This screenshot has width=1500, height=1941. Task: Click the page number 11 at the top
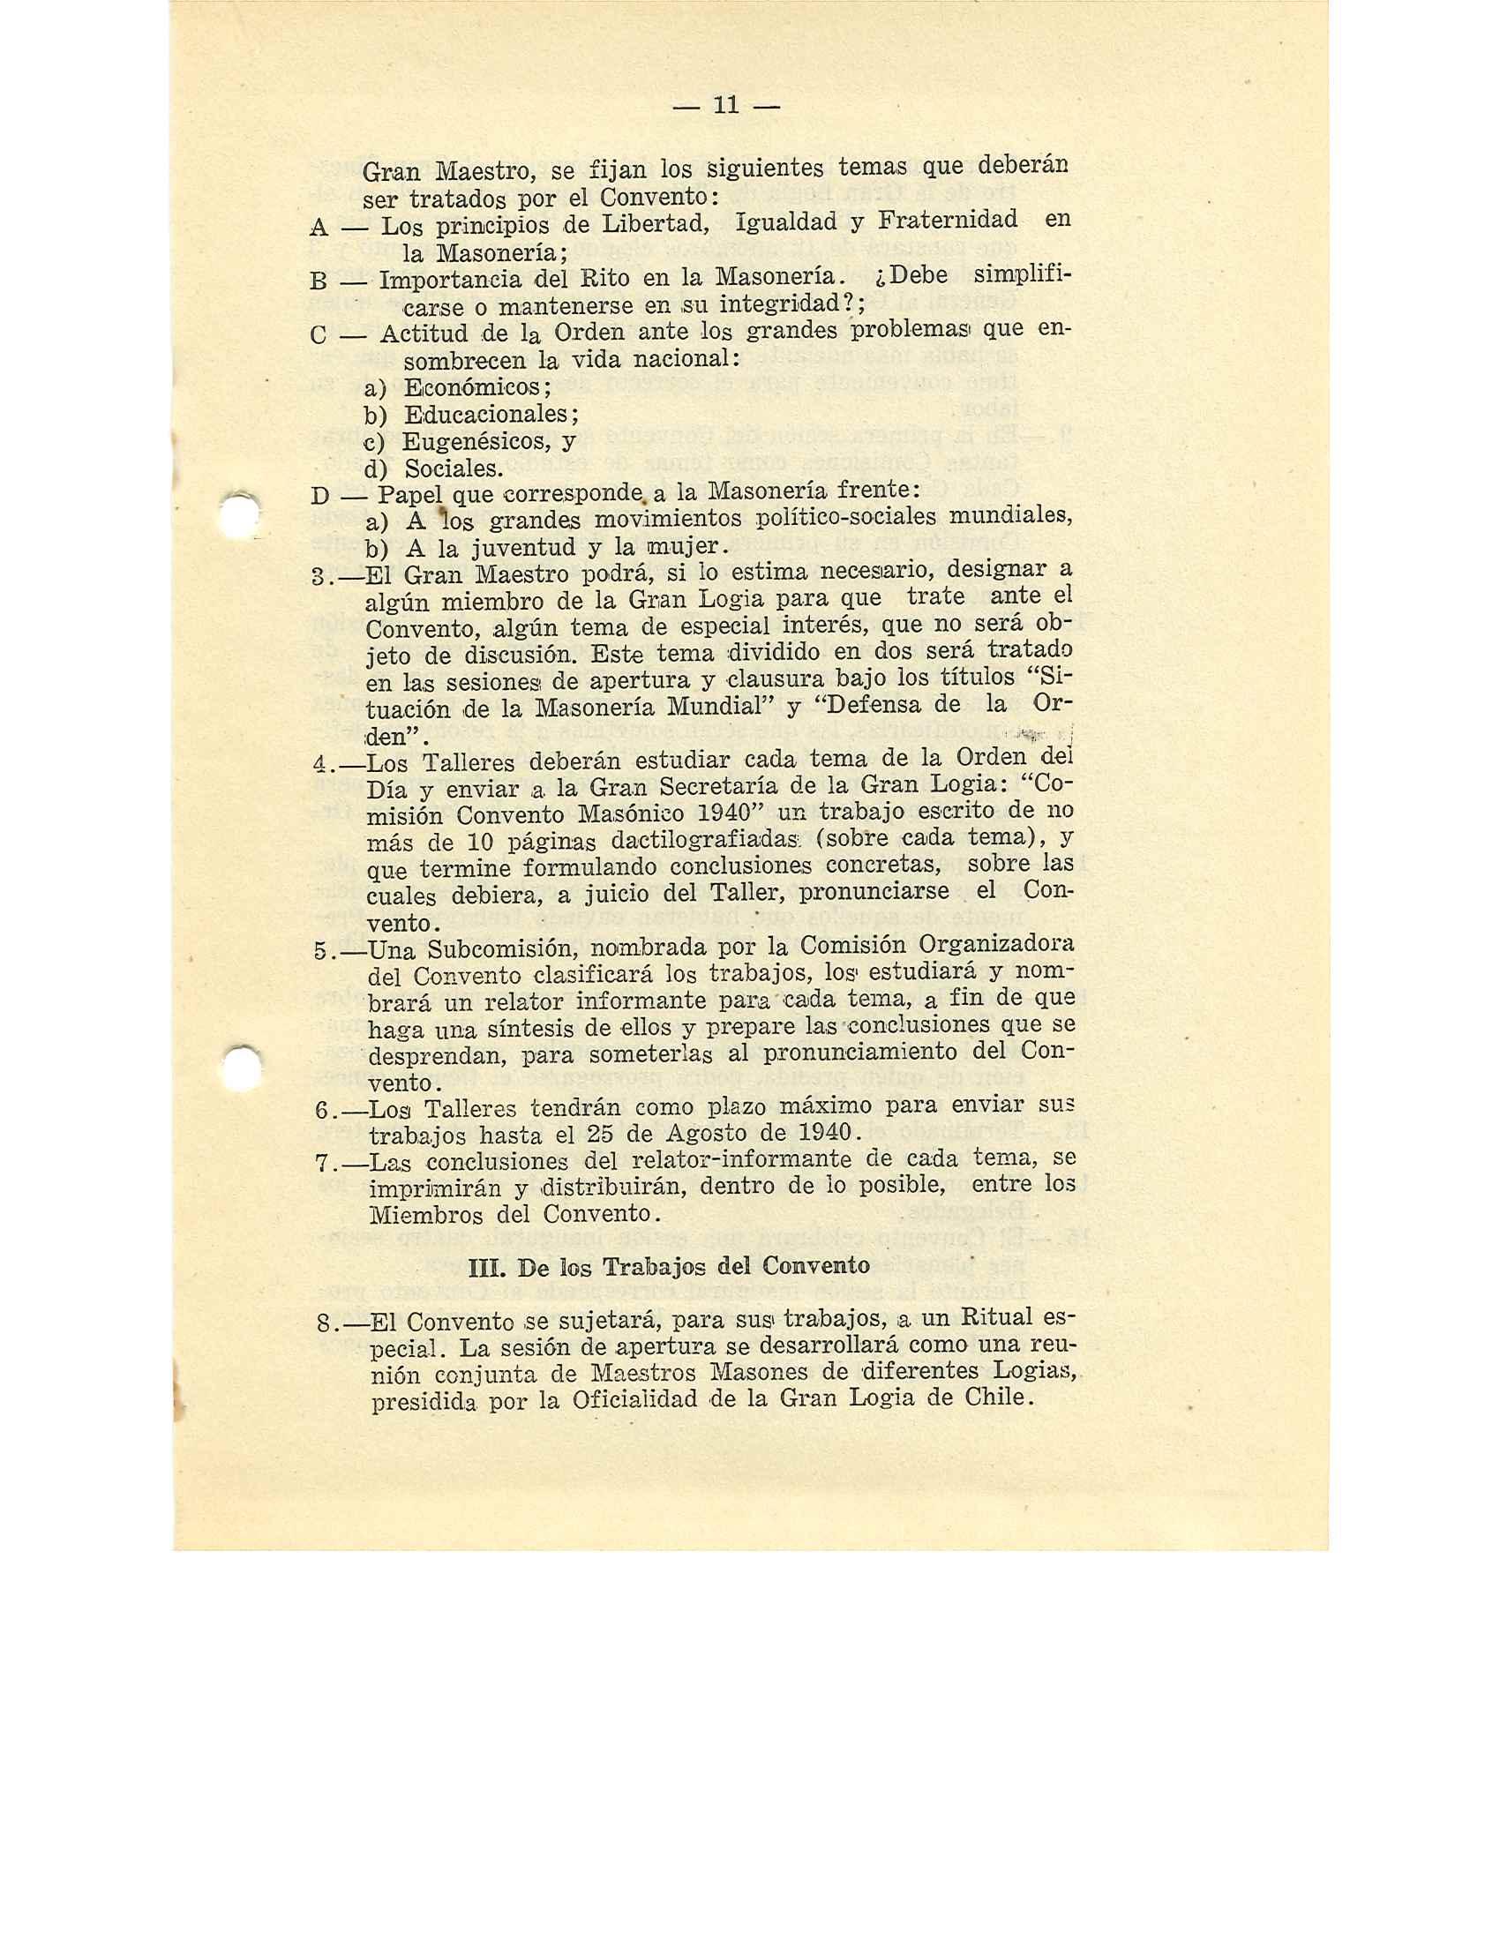(x=726, y=106)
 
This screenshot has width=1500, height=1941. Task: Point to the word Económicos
(x=476, y=388)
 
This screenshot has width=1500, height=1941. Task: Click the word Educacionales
(x=491, y=415)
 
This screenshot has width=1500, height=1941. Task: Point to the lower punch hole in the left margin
(x=241, y=1064)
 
